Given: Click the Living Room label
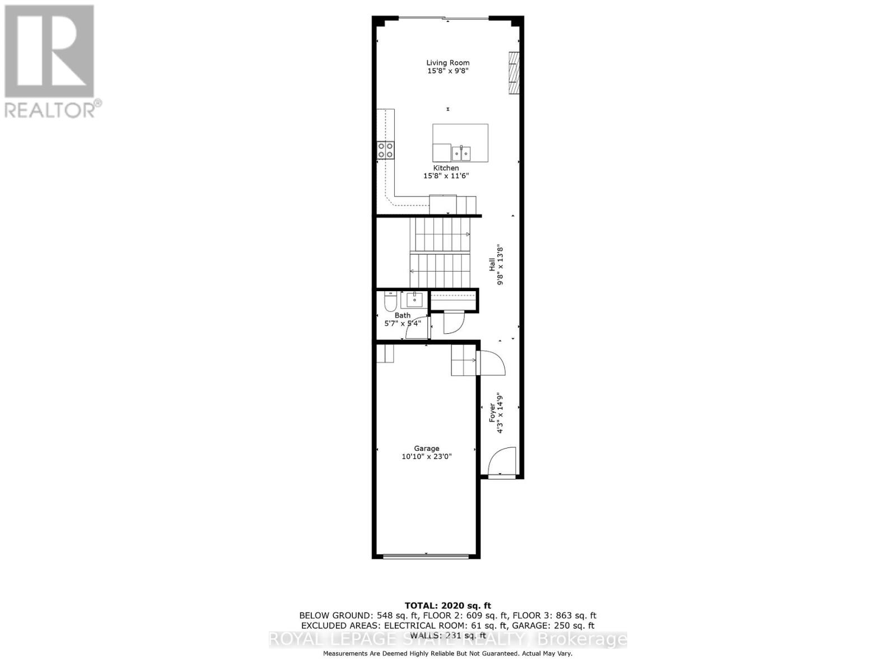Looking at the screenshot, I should tap(447, 63).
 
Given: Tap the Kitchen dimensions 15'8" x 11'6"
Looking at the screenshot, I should tap(446, 176).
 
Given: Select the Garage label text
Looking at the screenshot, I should tap(426, 448).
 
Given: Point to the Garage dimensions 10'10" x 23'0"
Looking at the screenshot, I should tap(426, 456).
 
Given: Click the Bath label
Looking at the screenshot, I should tap(402, 315).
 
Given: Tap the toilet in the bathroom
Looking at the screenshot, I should tap(390, 302).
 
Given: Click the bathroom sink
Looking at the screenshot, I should tap(414, 300).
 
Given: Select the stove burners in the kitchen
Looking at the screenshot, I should tap(385, 150).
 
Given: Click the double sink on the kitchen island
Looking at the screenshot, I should tap(461, 153).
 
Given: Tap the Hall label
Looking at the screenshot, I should tap(492, 264).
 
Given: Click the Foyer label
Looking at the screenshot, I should tap(492, 412).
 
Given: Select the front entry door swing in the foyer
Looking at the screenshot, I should tap(502, 461).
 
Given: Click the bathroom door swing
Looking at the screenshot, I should tap(417, 329).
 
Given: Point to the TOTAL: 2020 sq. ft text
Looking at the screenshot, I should tap(447, 605).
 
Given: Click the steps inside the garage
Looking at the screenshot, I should tap(464, 360).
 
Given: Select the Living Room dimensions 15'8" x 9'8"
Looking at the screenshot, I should tap(447, 71).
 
